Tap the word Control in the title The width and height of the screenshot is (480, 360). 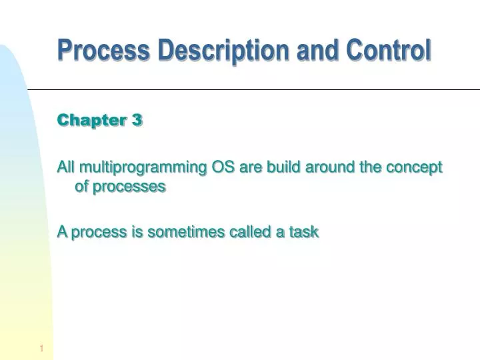[388, 50]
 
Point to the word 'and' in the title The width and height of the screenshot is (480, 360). [320, 50]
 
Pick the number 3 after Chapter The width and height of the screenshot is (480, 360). [137, 120]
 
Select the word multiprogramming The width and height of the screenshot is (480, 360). [143, 168]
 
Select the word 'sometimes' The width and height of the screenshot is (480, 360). [177, 232]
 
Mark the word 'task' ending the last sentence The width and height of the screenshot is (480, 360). [303, 232]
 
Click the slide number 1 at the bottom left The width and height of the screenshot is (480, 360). [41, 349]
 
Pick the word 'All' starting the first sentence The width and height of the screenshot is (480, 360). [65, 167]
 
